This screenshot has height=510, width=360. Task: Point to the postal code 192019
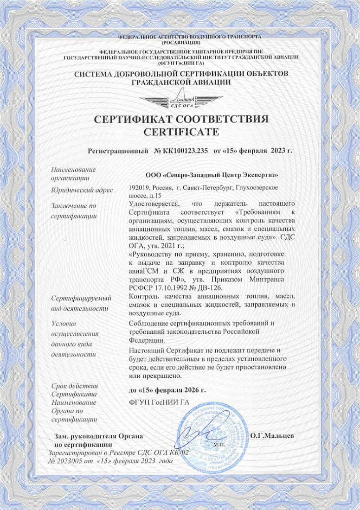click(x=138, y=187)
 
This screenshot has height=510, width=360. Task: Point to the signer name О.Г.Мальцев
click(x=272, y=436)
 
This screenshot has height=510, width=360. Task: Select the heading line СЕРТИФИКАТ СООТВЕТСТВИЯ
click(x=181, y=119)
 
